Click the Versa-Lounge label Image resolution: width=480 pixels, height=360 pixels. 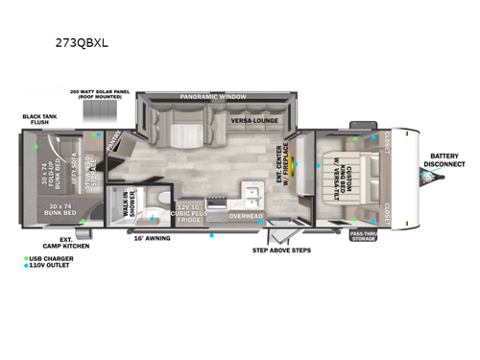[x=253, y=121]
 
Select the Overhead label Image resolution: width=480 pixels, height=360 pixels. [x=246, y=216]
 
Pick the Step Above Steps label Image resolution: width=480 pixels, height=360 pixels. [x=281, y=251]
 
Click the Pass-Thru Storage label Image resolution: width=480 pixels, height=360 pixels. [x=363, y=235]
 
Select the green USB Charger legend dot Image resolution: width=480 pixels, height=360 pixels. [x=27, y=258]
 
